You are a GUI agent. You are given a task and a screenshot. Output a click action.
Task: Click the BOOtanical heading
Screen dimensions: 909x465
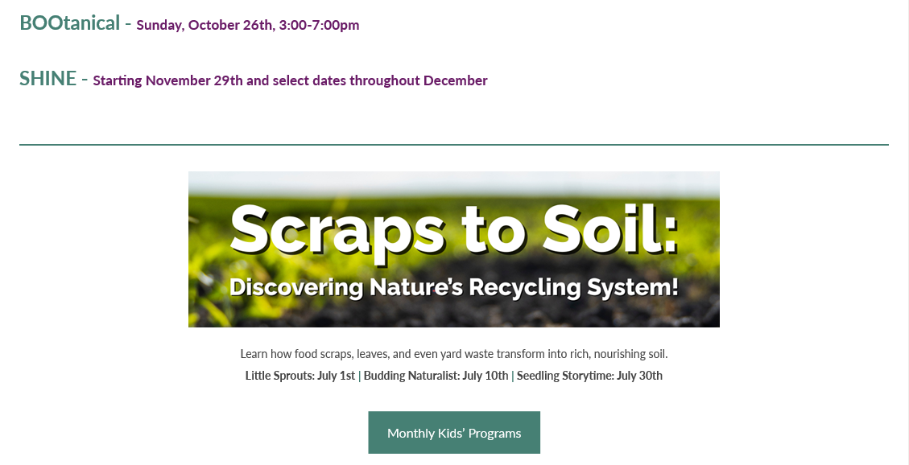point(69,23)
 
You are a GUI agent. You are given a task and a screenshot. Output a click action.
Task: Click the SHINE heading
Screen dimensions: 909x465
point(48,78)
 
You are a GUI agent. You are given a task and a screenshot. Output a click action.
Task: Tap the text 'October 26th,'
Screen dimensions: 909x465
point(232,25)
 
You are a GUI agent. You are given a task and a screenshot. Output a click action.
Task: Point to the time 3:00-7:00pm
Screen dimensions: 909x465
point(319,25)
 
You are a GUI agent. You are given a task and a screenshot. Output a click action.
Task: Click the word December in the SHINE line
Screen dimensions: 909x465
point(456,80)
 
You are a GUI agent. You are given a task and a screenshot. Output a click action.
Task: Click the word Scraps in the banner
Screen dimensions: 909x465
point(337,231)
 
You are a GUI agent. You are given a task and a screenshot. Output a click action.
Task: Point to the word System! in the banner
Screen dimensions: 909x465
point(633,288)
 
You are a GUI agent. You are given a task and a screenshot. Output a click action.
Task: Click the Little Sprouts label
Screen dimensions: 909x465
point(279,375)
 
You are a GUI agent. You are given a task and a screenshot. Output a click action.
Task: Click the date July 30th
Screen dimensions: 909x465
point(639,375)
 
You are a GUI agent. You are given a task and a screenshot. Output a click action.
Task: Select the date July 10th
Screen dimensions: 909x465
point(485,375)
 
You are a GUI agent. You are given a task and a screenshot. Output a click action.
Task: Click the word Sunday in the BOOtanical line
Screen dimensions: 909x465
point(160,26)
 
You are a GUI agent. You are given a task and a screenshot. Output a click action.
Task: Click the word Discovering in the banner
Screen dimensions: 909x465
point(297,288)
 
